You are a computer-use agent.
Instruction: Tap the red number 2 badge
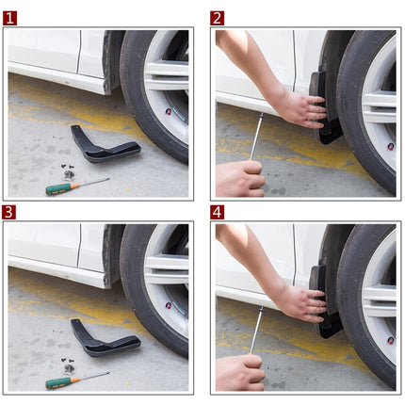click(218, 18)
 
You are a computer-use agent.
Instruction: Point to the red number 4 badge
click(218, 212)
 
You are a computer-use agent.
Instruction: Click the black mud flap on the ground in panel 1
click(104, 146)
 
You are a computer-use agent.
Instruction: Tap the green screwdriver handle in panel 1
click(59, 188)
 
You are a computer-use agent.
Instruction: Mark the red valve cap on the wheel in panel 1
click(169, 111)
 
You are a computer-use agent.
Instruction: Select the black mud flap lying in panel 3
click(104, 340)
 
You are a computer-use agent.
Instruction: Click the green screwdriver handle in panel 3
click(59, 381)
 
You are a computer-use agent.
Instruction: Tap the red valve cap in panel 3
click(169, 305)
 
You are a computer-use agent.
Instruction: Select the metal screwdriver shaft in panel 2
click(256, 137)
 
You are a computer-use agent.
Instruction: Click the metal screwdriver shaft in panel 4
click(256, 331)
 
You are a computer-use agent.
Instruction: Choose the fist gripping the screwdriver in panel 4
click(240, 371)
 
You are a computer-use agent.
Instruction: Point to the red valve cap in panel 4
click(390, 340)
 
